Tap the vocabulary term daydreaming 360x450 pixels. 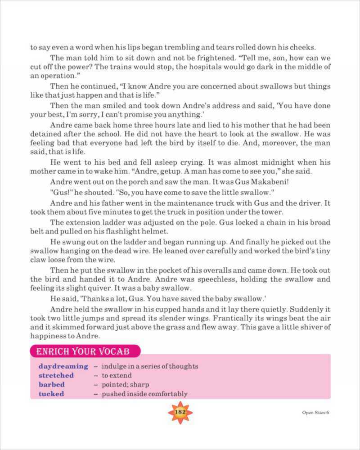point(63,366)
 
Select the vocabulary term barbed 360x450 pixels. point(51,385)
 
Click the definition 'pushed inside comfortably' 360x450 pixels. point(144,394)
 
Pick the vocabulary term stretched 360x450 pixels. point(56,375)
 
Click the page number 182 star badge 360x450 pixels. point(180,412)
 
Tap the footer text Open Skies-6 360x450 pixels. point(315,413)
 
